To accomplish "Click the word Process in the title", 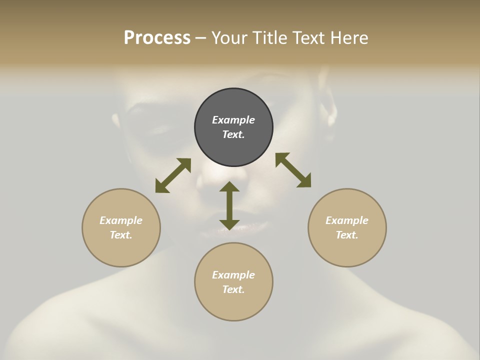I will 157,38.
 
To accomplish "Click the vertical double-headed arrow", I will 229,206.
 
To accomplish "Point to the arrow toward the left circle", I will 173,175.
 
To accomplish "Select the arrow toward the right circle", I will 293,170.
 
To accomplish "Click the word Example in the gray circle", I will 233,120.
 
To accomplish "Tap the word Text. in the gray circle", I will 233,134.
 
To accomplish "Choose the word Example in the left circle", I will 121,220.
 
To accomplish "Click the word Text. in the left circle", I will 121,235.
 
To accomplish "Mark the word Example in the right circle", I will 347,220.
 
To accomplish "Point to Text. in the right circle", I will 347,235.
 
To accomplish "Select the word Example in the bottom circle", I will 233,275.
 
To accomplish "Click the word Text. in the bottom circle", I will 233,289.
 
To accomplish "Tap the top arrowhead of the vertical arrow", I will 229,187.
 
